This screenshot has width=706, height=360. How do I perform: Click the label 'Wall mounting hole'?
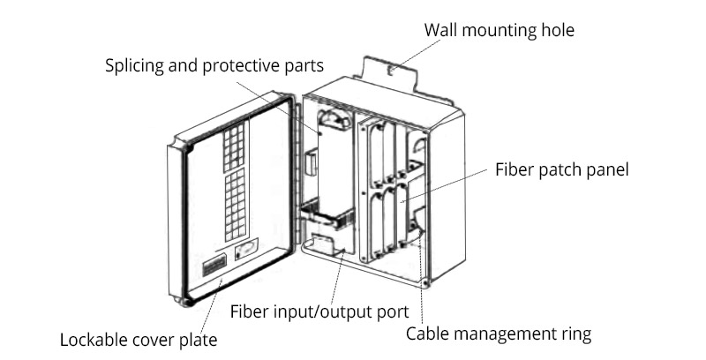499,30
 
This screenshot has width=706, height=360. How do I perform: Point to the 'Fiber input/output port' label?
319,311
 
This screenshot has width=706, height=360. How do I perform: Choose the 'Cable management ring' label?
498,334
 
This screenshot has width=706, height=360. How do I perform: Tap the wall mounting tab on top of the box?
388,71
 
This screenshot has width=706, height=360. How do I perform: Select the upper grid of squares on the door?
232,146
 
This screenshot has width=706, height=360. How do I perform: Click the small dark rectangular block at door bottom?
214,264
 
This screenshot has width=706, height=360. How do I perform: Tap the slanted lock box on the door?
247,250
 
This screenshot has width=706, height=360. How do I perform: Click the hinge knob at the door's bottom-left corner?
184,300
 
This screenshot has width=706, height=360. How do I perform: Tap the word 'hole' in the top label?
556,30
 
